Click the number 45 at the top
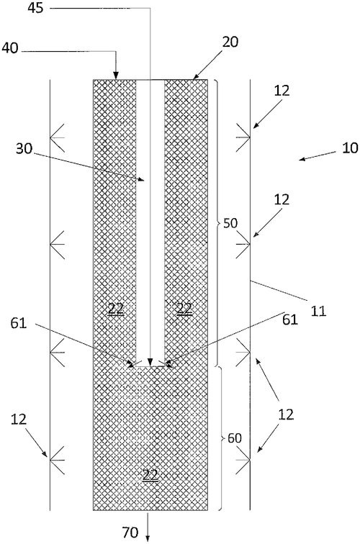36,8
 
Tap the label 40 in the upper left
10,48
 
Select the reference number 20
230,42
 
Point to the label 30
24,149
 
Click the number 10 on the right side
350,148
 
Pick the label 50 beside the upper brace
230,223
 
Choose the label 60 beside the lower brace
234,438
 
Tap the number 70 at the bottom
130,532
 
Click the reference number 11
318,311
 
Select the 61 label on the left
19,323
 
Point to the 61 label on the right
290,319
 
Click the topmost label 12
282,91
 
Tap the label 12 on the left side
19,420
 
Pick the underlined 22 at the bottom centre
150,475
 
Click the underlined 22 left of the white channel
116,308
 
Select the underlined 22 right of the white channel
184,308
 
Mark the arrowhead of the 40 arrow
116,76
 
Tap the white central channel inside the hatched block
150,223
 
